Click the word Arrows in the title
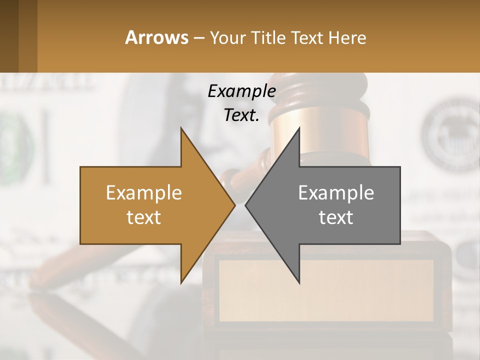[156, 37]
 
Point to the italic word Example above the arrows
[241, 91]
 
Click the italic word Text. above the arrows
[241, 115]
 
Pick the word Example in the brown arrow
[144, 193]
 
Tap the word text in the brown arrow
[144, 217]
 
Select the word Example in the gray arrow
[336, 193]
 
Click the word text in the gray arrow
[336, 217]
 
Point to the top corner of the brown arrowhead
[181, 128]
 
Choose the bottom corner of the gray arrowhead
[299, 283]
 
